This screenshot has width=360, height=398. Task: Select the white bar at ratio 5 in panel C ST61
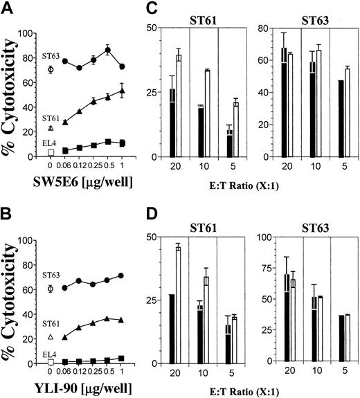pyautogui.click(x=235, y=124)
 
